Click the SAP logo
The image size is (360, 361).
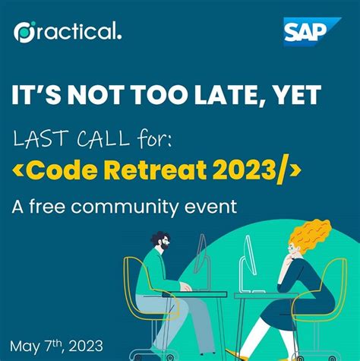pyautogui.click(x=307, y=33)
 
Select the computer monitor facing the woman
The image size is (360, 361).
pyautogui.click(x=246, y=263)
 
